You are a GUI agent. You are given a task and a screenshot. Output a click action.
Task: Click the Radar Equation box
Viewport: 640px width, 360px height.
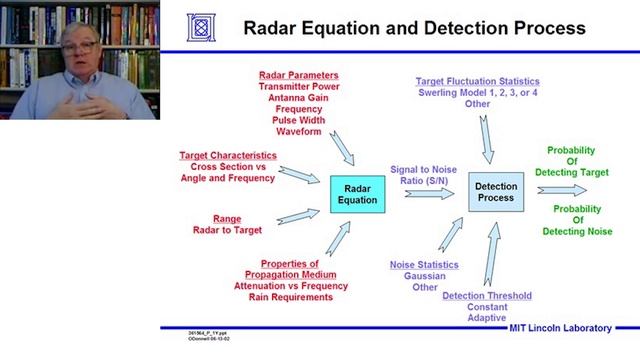pos(359,193)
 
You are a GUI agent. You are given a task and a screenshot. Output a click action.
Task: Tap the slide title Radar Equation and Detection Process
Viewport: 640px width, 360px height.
pos(414,28)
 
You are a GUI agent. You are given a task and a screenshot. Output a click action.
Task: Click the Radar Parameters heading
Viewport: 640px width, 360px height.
pos(298,75)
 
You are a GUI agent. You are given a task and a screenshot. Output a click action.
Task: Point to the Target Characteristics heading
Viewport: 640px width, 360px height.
pos(228,156)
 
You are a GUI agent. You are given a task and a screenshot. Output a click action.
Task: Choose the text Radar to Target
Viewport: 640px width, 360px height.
pos(227,230)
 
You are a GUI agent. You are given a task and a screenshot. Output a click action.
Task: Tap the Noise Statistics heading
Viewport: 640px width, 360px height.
pos(424,264)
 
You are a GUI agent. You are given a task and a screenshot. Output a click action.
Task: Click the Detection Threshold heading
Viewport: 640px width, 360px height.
pos(487,295)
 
